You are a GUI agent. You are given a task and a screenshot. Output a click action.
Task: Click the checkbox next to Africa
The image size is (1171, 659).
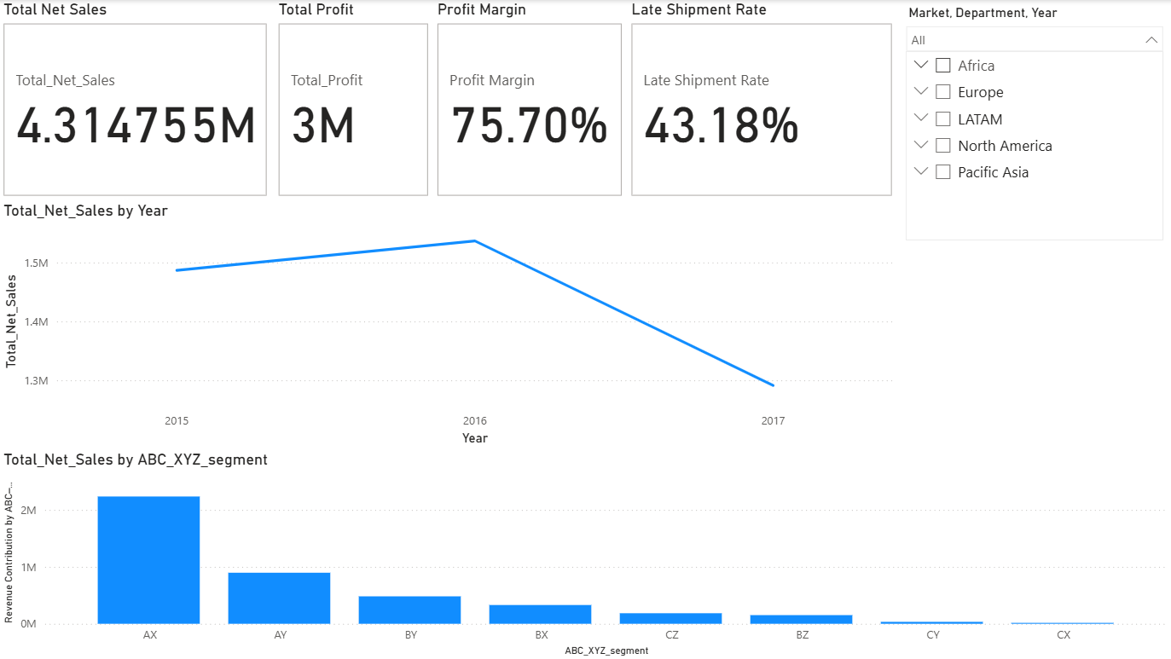pyautogui.click(x=943, y=66)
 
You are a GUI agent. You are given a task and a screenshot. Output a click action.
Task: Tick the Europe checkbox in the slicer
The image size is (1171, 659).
pyautogui.click(x=943, y=92)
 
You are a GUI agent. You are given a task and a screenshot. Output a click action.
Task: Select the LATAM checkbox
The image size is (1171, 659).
pyautogui.click(x=943, y=119)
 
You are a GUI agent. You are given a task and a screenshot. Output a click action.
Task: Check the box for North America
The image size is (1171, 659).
pyautogui.click(x=943, y=146)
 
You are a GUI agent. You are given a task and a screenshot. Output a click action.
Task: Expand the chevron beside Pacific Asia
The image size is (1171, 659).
pyautogui.click(x=920, y=171)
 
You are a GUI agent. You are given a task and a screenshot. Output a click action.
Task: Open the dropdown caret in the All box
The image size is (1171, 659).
pyautogui.click(x=1151, y=40)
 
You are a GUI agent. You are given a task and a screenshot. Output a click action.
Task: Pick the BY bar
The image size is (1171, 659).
pyautogui.click(x=409, y=610)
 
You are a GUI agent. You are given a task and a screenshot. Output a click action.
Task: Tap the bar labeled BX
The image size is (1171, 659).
pyautogui.click(x=540, y=614)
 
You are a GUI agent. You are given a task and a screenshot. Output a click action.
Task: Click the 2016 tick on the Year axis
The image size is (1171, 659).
pyautogui.click(x=475, y=420)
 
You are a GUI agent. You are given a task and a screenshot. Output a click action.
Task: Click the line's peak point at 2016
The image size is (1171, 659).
pyautogui.click(x=475, y=240)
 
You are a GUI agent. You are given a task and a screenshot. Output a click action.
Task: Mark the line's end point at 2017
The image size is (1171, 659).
pyautogui.click(x=774, y=385)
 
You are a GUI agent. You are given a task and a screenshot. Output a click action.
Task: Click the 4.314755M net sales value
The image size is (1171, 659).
pyautogui.click(x=136, y=126)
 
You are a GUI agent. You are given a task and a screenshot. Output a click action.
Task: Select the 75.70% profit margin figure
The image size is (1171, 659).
pyautogui.click(x=529, y=126)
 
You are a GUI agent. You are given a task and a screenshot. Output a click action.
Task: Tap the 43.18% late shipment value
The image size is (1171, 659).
pyautogui.click(x=721, y=126)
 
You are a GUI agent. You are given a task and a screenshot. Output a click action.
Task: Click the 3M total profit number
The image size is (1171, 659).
pyautogui.click(x=323, y=126)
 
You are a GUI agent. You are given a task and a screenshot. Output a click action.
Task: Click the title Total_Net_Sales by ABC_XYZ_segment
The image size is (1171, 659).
pyautogui.click(x=136, y=460)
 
